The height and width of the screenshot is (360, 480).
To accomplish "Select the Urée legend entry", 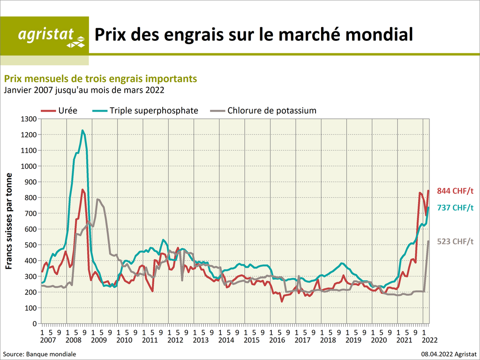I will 60,111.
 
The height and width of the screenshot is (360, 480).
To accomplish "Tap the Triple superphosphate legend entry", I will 146,111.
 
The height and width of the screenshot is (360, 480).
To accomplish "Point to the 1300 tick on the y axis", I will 28,119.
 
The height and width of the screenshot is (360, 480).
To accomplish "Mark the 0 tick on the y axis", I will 34,324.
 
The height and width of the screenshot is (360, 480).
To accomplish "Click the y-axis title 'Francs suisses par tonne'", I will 9,221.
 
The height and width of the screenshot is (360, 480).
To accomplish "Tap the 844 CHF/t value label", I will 455,191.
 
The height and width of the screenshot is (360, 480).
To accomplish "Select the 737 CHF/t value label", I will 455,208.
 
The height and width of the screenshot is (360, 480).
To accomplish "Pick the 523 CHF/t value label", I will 455,241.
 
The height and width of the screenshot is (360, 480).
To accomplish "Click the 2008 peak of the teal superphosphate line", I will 82,130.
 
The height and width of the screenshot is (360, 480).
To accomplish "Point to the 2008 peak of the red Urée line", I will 82,189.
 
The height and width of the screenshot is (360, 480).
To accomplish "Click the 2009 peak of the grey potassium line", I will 97,199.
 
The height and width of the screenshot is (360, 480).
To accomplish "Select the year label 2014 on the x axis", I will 226,340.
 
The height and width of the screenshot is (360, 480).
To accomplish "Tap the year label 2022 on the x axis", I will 430,340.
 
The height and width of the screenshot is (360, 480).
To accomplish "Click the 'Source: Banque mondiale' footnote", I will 39,354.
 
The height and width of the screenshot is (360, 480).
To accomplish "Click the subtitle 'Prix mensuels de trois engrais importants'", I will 100,78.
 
